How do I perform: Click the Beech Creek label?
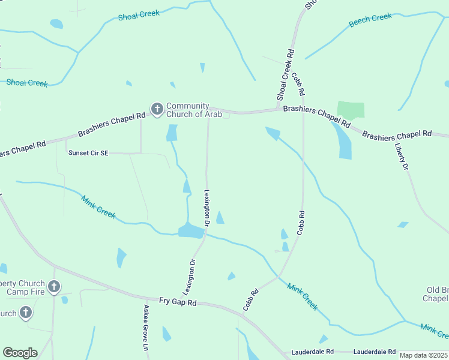coord(370,19)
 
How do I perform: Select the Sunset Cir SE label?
coord(88,153)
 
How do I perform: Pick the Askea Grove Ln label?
coord(145,327)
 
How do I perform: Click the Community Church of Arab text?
coord(194,110)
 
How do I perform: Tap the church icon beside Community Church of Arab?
coord(157,109)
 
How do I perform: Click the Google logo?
coord(20,352)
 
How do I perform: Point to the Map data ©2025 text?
coord(423,355)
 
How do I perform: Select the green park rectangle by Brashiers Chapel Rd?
coord(351,110)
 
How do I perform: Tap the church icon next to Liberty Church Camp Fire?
coord(54,287)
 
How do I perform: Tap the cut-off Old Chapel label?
coord(435,294)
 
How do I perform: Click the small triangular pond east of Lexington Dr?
coord(220,218)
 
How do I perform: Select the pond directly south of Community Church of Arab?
coord(172,133)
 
